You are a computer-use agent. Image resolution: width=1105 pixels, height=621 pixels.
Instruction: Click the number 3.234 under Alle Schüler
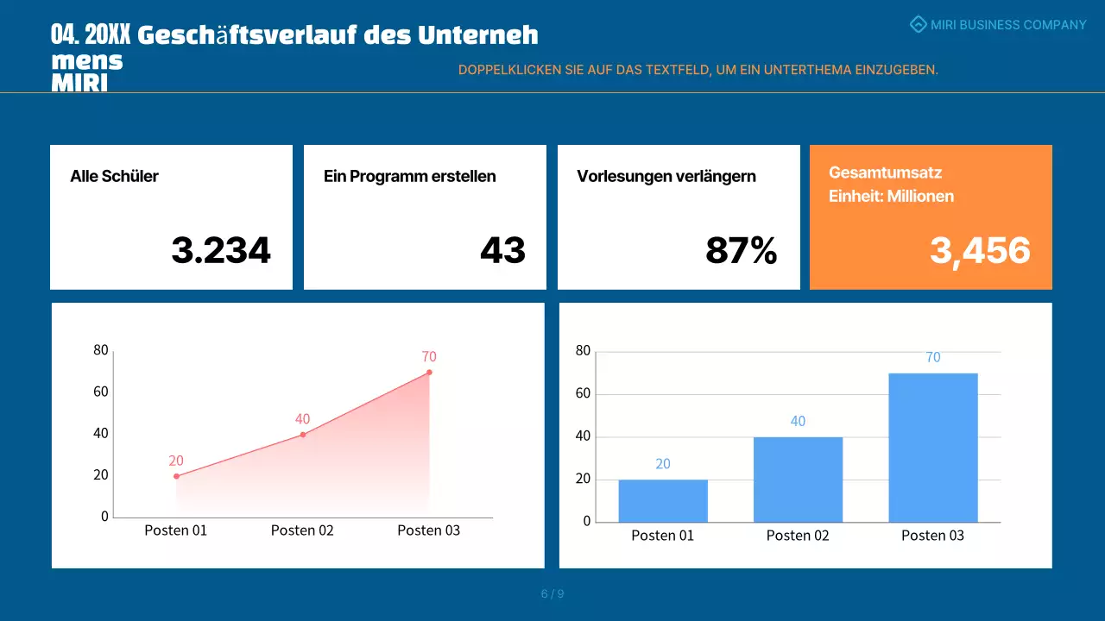tap(221, 251)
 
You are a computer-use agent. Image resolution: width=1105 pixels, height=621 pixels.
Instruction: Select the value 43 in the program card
tap(502, 251)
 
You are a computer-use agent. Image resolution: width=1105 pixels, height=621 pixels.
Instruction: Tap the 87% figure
tap(741, 251)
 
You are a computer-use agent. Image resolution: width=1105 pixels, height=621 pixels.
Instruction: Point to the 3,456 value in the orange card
tap(980, 251)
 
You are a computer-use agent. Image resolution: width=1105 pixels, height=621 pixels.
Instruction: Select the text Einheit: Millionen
tap(891, 196)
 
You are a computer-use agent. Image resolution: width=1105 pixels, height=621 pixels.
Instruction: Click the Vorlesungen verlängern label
tap(666, 177)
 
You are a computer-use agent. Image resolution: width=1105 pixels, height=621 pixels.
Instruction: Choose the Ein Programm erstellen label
tap(409, 177)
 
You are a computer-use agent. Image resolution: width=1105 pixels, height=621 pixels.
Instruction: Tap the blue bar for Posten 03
tap(933, 448)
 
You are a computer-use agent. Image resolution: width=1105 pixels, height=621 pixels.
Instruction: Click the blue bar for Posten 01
tap(663, 501)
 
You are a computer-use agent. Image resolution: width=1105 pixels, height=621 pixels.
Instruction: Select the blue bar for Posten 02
tap(798, 480)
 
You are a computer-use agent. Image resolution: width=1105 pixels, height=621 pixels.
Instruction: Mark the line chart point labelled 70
tap(429, 373)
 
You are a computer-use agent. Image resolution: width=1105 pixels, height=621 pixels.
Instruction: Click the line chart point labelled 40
tap(302, 435)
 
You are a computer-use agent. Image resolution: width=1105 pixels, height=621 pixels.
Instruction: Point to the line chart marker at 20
tap(176, 476)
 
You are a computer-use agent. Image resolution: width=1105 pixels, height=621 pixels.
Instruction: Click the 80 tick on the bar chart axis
tap(583, 351)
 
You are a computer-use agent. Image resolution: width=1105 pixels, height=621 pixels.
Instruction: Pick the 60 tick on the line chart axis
tap(101, 392)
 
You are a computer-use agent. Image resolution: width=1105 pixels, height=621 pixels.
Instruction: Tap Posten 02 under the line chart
tap(302, 530)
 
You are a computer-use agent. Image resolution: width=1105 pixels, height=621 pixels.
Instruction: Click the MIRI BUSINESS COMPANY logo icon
tap(919, 25)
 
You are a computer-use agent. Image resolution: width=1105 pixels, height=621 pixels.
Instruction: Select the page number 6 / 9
tap(552, 593)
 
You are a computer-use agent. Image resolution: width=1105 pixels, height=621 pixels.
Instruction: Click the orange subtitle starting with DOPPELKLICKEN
tap(698, 70)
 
